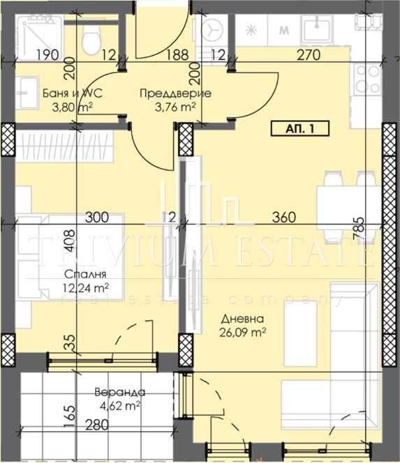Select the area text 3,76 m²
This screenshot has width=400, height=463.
(168, 107)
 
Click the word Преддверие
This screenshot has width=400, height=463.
(166, 93)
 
